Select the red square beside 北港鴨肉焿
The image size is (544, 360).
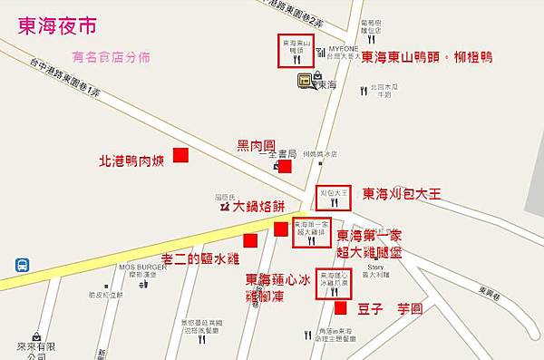point(181,155)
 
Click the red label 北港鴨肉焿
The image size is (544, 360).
point(132,162)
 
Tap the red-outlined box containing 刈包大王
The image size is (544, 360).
point(334,197)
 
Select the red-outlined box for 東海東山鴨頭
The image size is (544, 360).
point(296,48)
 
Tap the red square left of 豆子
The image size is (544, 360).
point(340,308)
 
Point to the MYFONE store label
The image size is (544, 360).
point(344,47)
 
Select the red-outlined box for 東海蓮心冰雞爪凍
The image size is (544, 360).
point(333,283)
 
